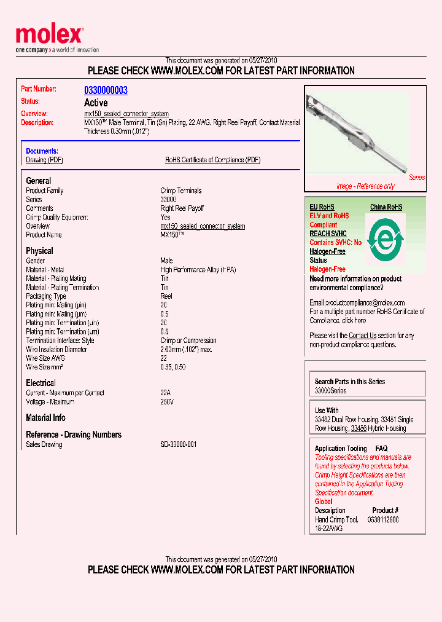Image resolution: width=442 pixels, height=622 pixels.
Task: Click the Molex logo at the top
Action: (x=49, y=36)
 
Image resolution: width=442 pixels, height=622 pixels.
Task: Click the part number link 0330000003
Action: (x=106, y=90)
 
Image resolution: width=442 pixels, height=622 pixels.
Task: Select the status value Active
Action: (x=96, y=103)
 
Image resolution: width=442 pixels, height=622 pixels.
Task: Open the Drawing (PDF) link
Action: (x=44, y=160)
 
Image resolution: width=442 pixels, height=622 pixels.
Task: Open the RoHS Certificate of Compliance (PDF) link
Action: (x=212, y=160)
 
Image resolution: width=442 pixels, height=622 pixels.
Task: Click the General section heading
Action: (x=39, y=181)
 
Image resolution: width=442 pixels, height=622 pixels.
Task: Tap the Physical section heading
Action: (x=39, y=251)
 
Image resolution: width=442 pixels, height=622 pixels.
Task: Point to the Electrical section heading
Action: (x=41, y=383)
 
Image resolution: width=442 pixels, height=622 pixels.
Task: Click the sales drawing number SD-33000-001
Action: (x=178, y=444)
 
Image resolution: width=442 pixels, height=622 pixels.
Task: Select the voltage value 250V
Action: (x=167, y=402)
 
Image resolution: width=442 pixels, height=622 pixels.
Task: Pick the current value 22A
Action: (x=166, y=393)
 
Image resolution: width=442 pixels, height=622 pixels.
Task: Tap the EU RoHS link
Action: (x=322, y=207)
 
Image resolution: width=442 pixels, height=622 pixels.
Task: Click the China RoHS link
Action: (x=386, y=207)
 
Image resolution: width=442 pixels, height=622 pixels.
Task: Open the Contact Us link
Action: (x=362, y=336)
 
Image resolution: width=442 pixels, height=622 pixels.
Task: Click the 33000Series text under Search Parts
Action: (x=330, y=391)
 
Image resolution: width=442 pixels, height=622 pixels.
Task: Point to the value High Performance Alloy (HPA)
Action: (x=198, y=270)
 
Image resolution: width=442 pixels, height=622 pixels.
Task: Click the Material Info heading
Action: (x=45, y=418)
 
